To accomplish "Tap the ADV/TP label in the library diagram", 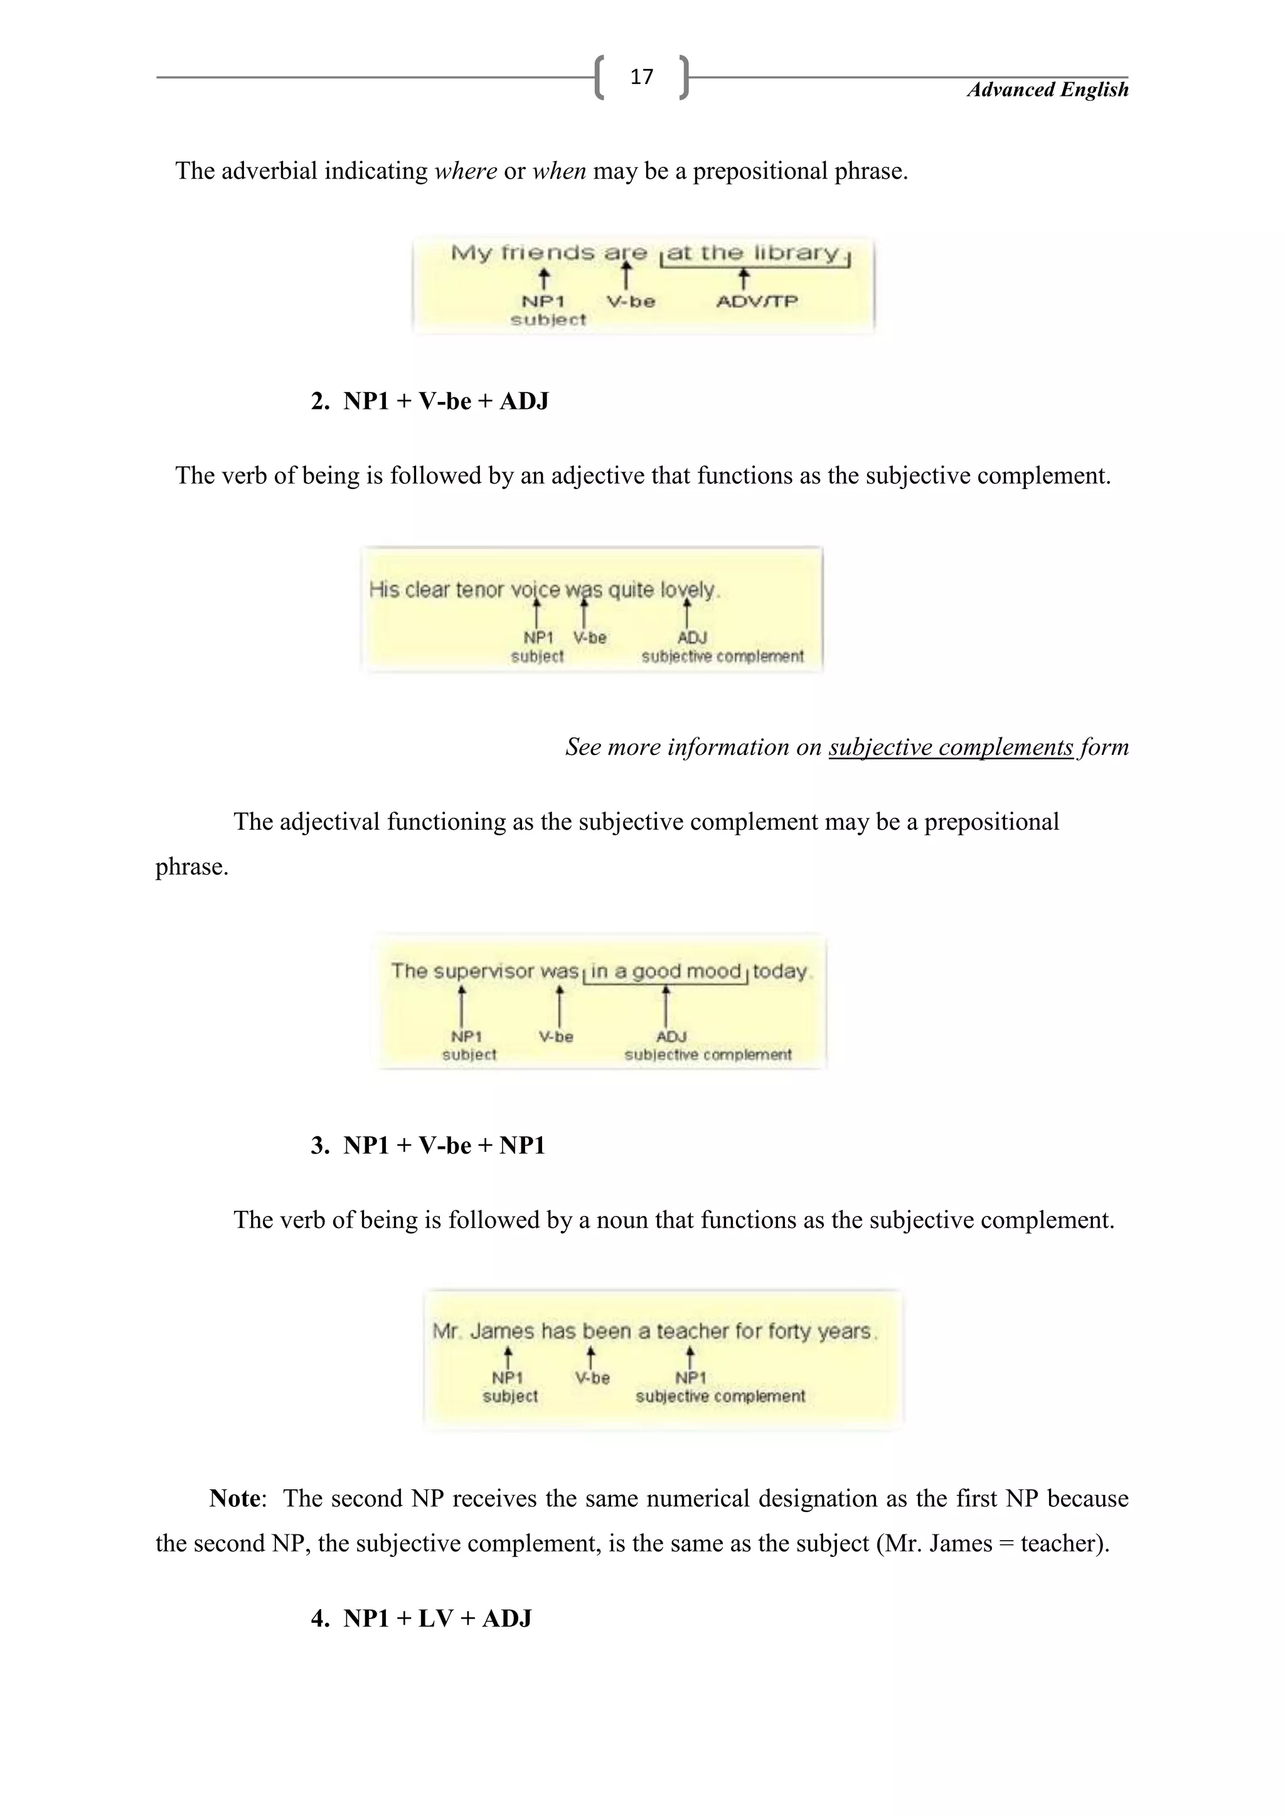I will pos(757,302).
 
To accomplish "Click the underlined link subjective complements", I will pos(951,747).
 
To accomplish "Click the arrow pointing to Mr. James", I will pos(508,1356).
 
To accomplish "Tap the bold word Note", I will pos(235,1498).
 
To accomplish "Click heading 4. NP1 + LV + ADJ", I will pos(421,1618).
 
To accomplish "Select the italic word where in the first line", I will pos(466,171).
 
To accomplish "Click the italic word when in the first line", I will pos(558,171).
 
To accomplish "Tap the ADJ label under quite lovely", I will pos(691,638).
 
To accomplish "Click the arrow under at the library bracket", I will pos(743,278).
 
